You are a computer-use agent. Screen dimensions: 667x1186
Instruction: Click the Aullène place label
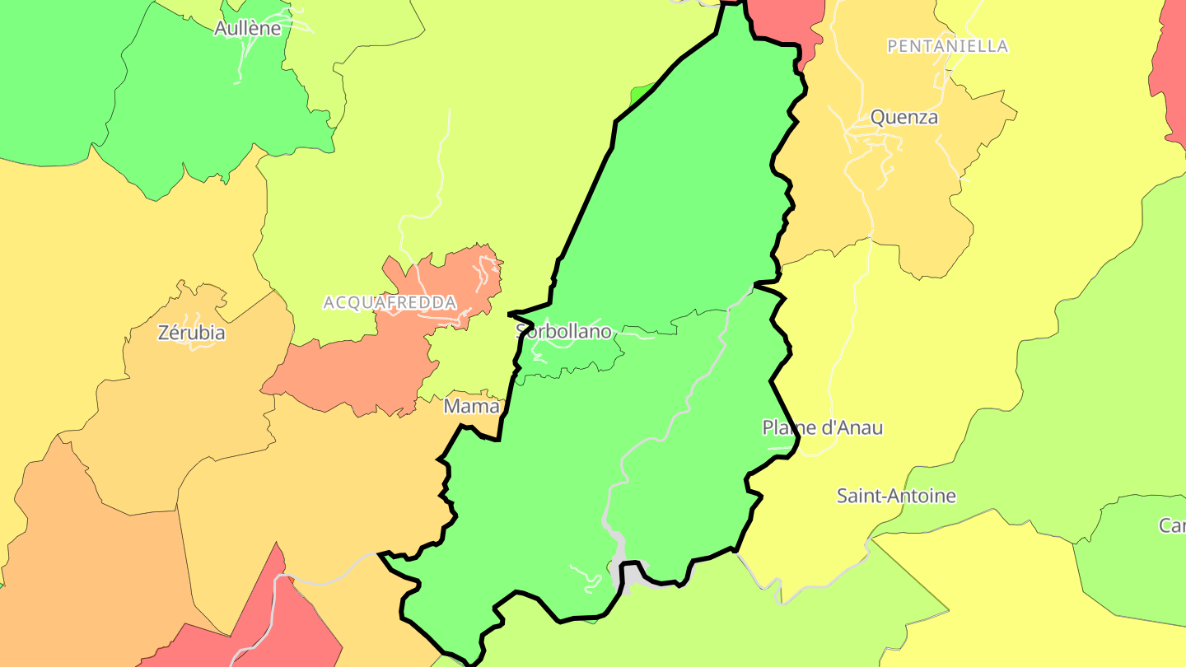pos(247,29)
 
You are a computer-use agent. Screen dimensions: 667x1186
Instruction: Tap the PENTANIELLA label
pos(947,46)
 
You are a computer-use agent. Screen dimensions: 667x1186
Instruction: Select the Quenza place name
pos(904,118)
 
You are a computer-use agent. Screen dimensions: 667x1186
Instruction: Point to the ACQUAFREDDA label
pos(390,303)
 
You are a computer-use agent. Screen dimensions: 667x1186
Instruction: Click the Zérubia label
pos(191,333)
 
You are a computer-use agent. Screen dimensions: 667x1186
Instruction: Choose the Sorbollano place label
pos(563,332)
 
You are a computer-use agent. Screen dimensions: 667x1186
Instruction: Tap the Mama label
pos(471,406)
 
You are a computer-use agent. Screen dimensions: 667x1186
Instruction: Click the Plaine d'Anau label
pos(822,428)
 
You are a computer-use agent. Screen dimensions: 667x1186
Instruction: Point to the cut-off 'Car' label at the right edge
pos(1172,525)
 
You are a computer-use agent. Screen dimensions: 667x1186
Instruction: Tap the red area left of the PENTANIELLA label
pos(787,21)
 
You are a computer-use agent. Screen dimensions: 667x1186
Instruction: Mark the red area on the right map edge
pos(1171,74)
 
